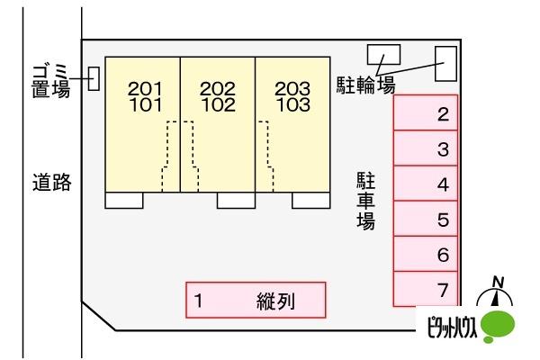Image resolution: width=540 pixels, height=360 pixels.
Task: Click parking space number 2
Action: (x=426, y=114)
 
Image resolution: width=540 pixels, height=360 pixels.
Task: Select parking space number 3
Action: (x=426, y=149)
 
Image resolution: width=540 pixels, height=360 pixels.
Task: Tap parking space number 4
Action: (x=426, y=184)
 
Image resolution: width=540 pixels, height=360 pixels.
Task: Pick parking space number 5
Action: (x=426, y=220)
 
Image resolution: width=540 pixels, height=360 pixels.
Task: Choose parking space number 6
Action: (x=426, y=255)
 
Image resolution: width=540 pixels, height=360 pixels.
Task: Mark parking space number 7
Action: (x=426, y=290)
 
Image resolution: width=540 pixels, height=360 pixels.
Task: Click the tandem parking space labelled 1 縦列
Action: (x=256, y=301)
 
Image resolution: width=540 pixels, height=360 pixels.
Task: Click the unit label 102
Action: (x=217, y=103)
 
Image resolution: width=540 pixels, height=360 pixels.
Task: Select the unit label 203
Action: (x=292, y=89)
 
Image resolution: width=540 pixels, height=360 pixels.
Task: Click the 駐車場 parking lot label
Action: (x=365, y=202)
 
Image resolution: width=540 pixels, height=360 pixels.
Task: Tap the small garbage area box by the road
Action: (x=94, y=78)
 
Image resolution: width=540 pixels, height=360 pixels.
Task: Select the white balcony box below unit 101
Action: (x=124, y=200)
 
